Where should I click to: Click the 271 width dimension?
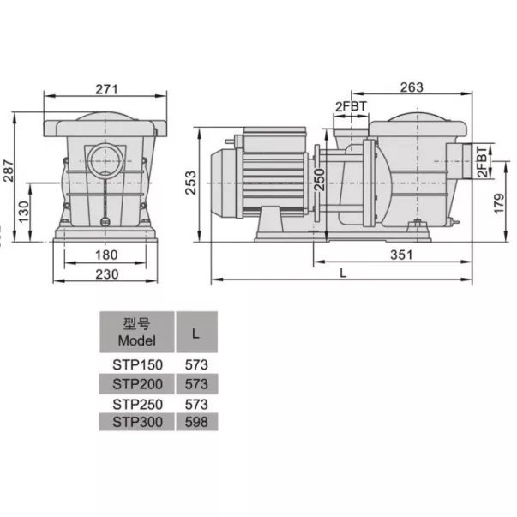(105, 89)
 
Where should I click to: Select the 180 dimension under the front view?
(105, 255)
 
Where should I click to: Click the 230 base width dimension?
(105, 274)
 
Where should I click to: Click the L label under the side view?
(343, 274)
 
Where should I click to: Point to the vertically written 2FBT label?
(483, 160)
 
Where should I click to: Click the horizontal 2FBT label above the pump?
(351, 106)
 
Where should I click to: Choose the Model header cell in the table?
(137, 332)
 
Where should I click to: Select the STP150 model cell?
(137, 364)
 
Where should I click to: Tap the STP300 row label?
(137, 422)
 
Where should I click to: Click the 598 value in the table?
(197, 422)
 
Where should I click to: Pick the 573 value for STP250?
(197, 403)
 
